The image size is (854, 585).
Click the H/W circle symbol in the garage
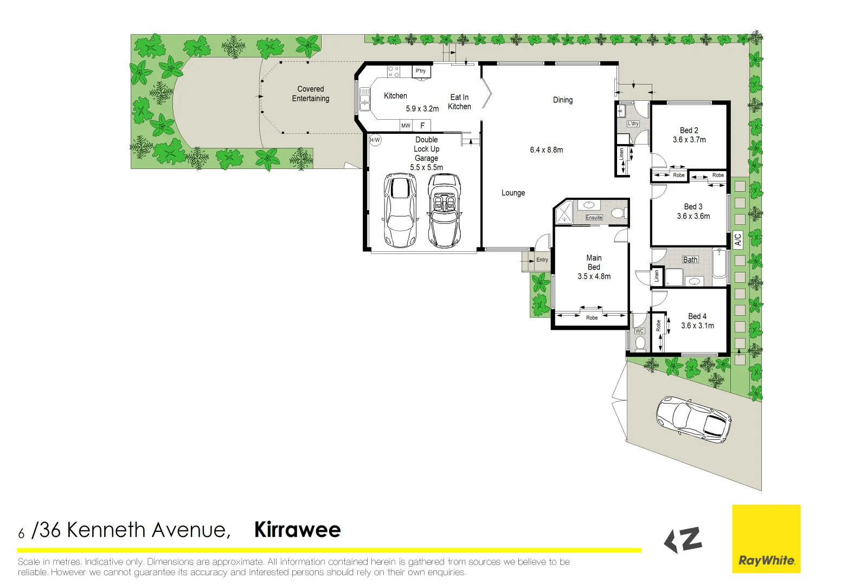(x=375, y=140)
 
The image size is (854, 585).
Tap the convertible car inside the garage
(x=445, y=211)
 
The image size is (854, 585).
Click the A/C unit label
(x=737, y=239)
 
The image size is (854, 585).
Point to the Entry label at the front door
(x=542, y=260)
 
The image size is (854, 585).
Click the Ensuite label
(x=594, y=218)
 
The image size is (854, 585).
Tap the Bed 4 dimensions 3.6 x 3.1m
(x=697, y=326)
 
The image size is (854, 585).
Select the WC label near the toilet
(x=639, y=331)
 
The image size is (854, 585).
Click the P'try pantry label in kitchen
(x=421, y=71)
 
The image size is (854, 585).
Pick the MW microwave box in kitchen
(x=406, y=126)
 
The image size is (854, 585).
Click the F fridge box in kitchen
(x=422, y=126)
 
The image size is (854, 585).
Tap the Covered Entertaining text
(x=310, y=94)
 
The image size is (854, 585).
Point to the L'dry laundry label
(x=633, y=123)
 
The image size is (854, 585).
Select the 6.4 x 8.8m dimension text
(x=546, y=150)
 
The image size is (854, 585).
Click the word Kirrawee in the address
(x=297, y=530)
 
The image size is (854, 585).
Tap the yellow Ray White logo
(x=766, y=539)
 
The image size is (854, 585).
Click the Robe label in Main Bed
(x=592, y=318)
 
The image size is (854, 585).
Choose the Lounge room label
(x=513, y=193)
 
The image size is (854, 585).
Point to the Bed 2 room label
(x=689, y=131)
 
